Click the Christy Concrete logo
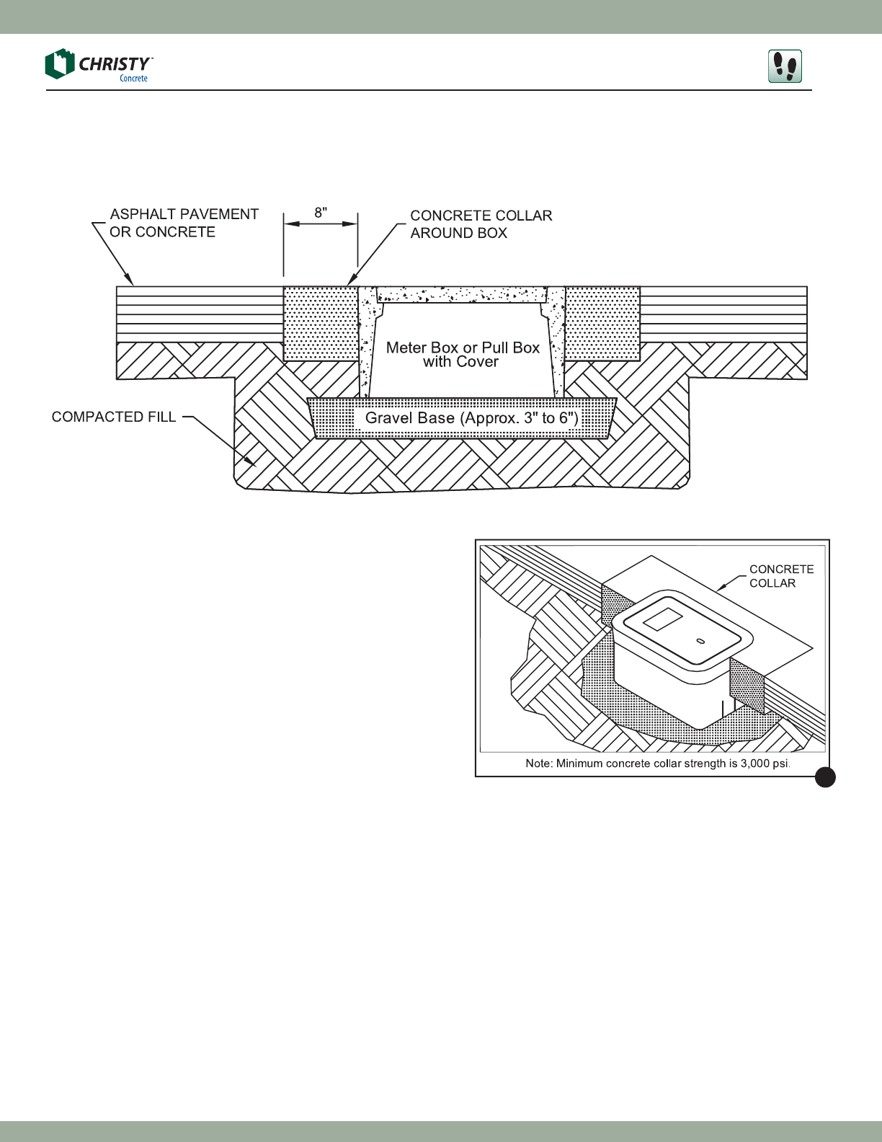98,66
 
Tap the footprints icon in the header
785,66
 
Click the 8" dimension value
321,213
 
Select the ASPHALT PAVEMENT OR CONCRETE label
184,223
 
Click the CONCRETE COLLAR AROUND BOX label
481,224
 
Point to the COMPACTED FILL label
114,417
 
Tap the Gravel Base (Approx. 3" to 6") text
471,418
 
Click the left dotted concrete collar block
321,323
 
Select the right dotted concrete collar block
602,323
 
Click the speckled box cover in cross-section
462,294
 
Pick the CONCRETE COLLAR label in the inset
781,576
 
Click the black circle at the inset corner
826,777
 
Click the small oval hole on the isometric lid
700,640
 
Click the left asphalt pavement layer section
199,314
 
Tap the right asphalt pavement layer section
723,314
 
